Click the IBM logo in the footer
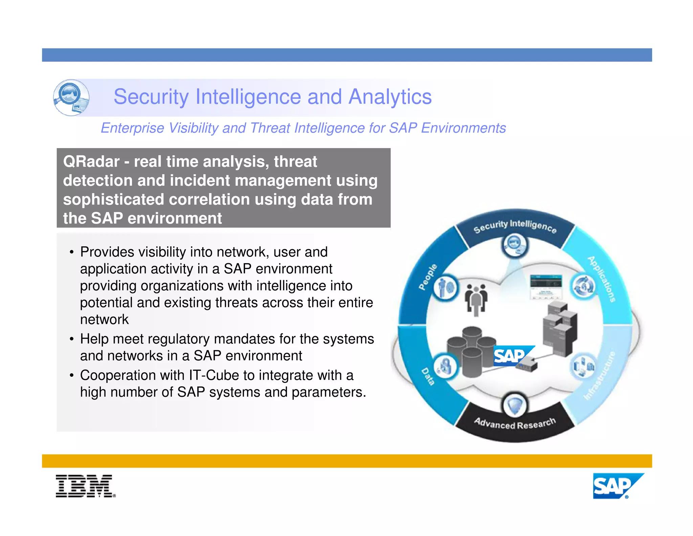(x=85, y=486)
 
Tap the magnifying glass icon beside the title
(x=71, y=98)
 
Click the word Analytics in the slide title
(x=390, y=97)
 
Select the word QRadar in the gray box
(x=91, y=162)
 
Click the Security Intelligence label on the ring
(x=515, y=226)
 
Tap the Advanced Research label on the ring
(x=515, y=423)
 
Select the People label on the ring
(x=428, y=277)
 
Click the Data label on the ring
(x=428, y=376)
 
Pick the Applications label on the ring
(x=602, y=279)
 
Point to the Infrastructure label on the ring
(x=600, y=376)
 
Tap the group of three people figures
(x=476, y=298)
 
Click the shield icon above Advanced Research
(x=515, y=405)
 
